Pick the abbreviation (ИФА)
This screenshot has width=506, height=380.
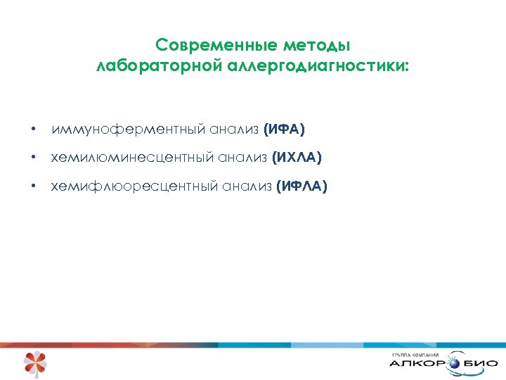pos(284,129)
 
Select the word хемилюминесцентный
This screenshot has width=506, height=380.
pos(133,158)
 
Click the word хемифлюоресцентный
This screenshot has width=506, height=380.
pos(135,186)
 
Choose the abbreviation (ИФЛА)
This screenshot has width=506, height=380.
pos(301,186)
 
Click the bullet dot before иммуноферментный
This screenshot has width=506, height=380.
pos(33,130)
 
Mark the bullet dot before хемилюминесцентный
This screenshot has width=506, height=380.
pos(33,158)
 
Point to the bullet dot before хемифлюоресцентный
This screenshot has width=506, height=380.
pos(33,186)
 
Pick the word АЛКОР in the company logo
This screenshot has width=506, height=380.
pos(415,365)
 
